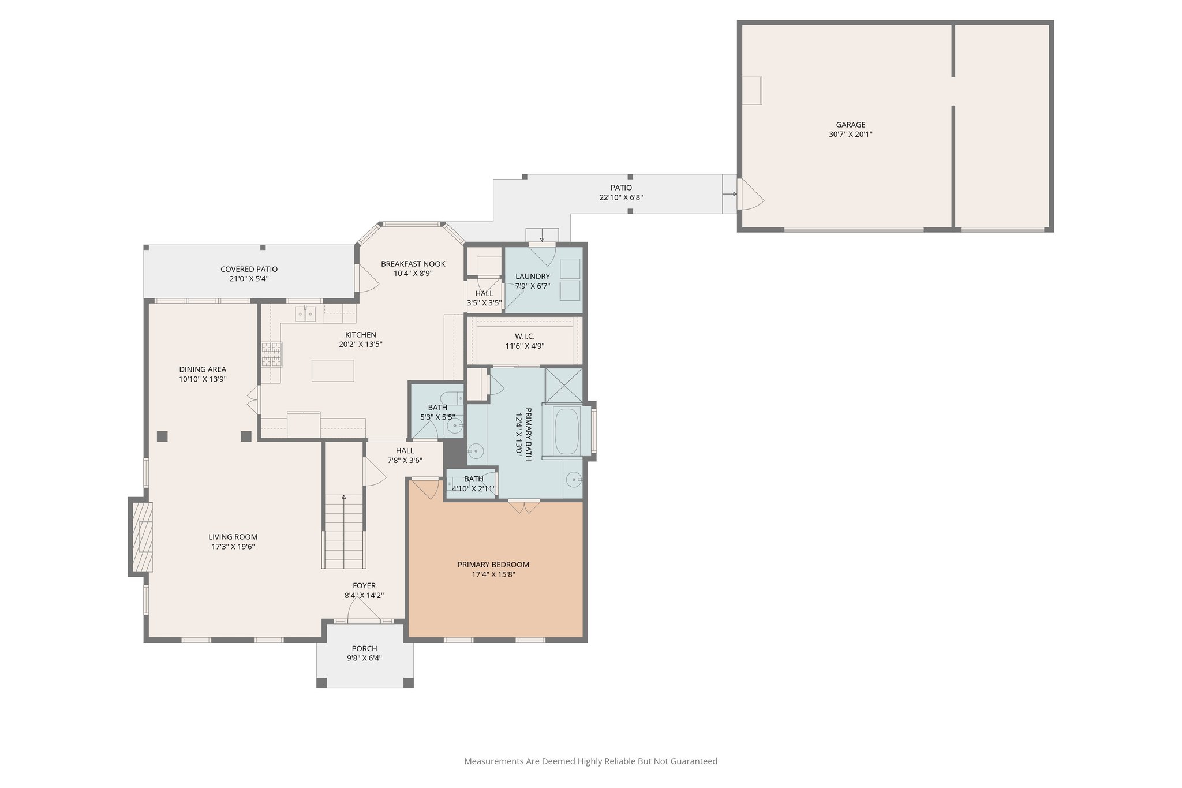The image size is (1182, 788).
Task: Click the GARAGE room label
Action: pyautogui.click(x=850, y=125)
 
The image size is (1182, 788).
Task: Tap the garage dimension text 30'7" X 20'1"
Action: pyautogui.click(x=850, y=135)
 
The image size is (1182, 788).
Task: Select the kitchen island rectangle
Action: pyautogui.click(x=333, y=371)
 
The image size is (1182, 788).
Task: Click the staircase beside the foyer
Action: pyautogui.click(x=344, y=531)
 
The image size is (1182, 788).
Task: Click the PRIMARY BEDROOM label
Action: pyautogui.click(x=493, y=565)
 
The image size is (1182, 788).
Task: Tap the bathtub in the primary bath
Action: pyautogui.click(x=567, y=432)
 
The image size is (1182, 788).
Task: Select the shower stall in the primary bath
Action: pyautogui.click(x=564, y=384)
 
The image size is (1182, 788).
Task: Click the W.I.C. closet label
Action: pyautogui.click(x=525, y=336)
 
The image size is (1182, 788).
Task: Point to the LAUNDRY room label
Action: pyautogui.click(x=532, y=276)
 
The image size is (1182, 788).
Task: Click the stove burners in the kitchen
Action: pyautogui.click(x=272, y=354)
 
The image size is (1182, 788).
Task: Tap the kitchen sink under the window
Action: pyautogui.click(x=305, y=314)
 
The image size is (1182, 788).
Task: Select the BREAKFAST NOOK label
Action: pyautogui.click(x=413, y=264)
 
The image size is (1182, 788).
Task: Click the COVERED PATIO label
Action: pyautogui.click(x=249, y=269)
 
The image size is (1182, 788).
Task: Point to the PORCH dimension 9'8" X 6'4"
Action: pyautogui.click(x=364, y=658)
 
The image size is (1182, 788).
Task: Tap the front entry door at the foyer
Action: pyautogui.click(x=364, y=610)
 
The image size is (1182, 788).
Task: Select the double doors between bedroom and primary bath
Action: pyautogui.click(x=524, y=506)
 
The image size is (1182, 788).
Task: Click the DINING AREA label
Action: pyautogui.click(x=202, y=369)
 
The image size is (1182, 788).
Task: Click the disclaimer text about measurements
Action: pyautogui.click(x=590, y=761)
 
